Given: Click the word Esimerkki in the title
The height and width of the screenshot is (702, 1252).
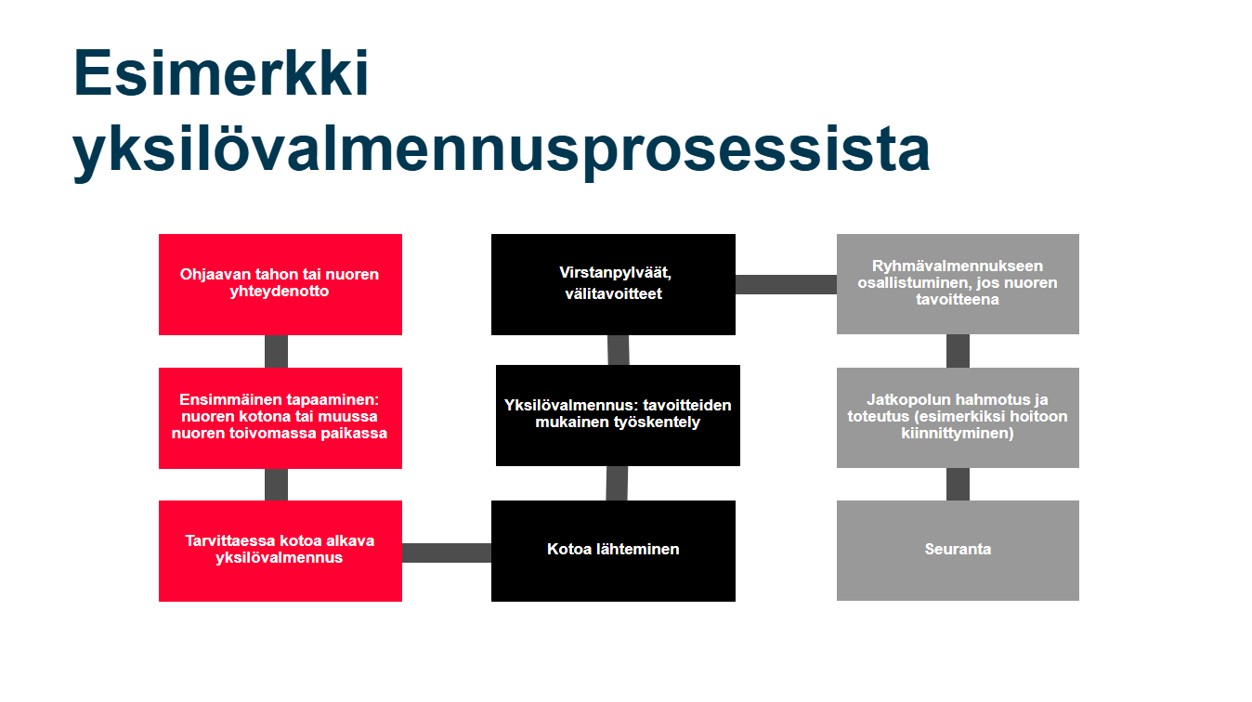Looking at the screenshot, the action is tap(221, 73).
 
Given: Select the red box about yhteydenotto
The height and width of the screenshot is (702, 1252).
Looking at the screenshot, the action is tap(280, 284).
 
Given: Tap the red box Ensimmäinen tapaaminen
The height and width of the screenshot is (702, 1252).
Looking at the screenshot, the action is tap(280, 418).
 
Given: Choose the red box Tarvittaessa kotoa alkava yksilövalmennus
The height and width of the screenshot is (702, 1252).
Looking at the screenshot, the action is tap(280, 551).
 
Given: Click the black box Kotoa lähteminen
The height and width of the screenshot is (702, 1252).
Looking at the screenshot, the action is tap(613, 551).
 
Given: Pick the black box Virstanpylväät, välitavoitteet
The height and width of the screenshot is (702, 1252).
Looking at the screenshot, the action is tap(613, 284).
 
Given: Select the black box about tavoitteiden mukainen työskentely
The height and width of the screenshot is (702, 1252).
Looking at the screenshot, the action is tap(618, 415).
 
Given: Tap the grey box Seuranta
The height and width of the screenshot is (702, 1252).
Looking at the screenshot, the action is tap(958, 551).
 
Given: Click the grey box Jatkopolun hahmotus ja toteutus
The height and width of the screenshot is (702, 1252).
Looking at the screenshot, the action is tap(958, 418).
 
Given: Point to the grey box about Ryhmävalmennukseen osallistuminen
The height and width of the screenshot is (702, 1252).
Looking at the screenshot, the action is tap(958, 284).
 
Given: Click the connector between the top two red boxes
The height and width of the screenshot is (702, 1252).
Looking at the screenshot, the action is tap(276, 352).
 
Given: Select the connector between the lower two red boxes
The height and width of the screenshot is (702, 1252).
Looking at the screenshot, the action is tap(276, 485).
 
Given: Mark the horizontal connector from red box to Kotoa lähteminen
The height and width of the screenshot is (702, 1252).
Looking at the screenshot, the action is tap(447, 552).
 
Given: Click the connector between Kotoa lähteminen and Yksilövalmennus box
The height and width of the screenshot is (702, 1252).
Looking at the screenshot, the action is tap(617, 484).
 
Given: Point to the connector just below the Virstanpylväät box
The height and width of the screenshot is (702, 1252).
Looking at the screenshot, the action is tap(619, 350).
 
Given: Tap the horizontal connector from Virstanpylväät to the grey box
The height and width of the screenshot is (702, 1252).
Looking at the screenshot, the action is tap(786, 284).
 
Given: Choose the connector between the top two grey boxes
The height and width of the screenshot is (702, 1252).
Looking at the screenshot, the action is tap(958, 351).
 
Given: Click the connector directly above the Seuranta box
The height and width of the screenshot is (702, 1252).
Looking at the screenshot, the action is tap(958, 484).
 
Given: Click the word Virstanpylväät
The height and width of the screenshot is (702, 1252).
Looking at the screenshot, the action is tap(615, 273).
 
